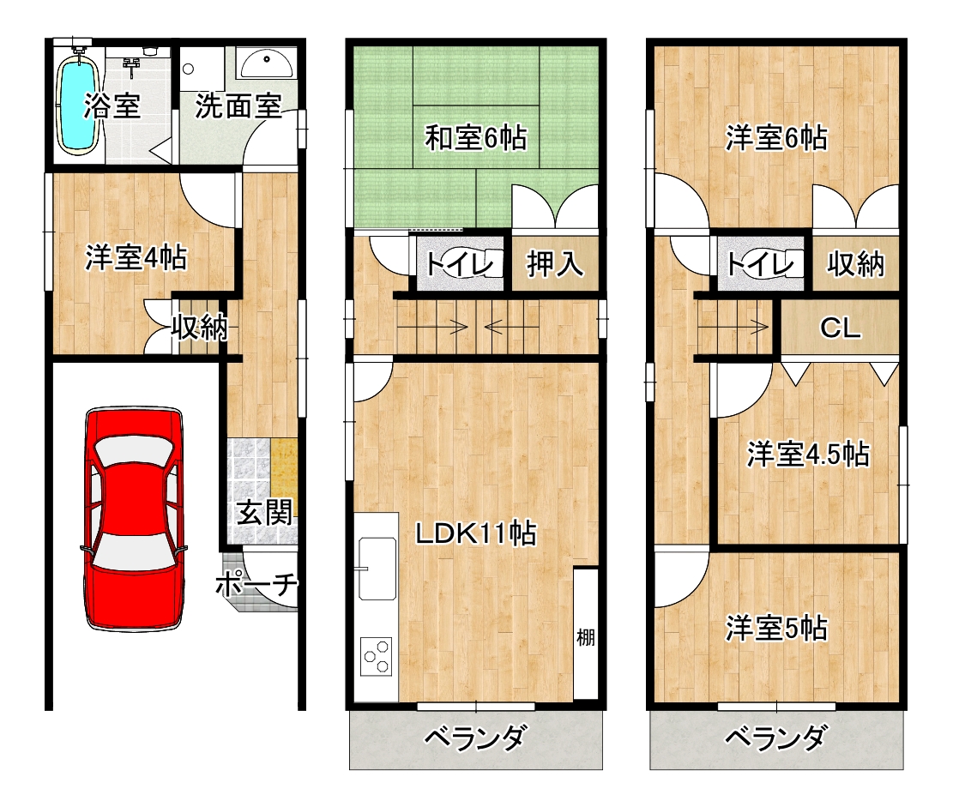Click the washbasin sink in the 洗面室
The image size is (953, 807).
coord(266,63)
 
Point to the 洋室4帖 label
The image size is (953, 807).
coord(136,257)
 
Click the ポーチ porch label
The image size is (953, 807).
coord(256,586)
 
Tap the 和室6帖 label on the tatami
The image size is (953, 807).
coord(476,137)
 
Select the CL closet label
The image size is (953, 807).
coord(840,328)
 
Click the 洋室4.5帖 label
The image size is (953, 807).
coord(807,454)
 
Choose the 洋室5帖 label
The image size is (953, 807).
coord(776,629)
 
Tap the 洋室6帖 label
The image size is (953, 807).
coord(776,137)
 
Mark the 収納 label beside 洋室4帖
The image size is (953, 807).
coord(199,327)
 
